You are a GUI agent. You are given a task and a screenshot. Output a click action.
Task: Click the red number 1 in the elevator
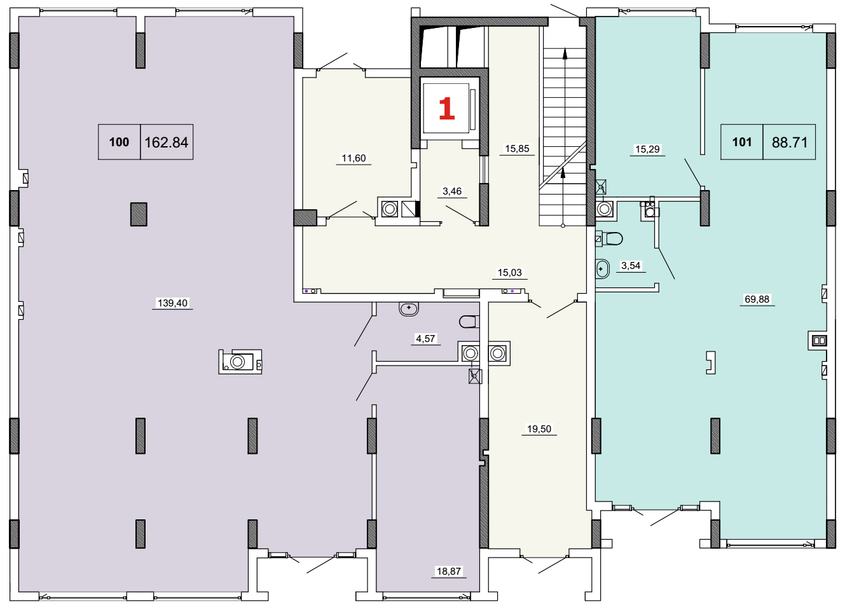pyautogui.click(x=446, y=108)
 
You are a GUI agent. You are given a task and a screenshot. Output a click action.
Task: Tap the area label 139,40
pyautogui.click(x=172, y=303)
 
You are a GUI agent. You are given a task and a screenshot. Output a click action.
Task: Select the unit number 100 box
pyautogui.click(x=119, y=142)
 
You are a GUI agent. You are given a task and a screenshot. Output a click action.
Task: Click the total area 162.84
pyautogui.click(x=167, y=142)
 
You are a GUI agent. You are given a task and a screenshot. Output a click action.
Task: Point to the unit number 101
pyautogui.click(x=741, y=142)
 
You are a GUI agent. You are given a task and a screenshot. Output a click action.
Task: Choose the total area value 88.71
pyautogui.click(x=789, y=142)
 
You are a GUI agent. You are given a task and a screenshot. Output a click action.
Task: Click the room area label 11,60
pyautogui.click(x=354, y=158)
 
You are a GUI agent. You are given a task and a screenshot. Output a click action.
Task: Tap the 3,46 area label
pyautogui.click(x=452, y=191)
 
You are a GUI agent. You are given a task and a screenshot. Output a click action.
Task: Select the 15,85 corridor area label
pyautogui.click(x=517, y=149)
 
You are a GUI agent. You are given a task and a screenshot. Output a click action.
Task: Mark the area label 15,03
pyautogui.click(x=510, y=272)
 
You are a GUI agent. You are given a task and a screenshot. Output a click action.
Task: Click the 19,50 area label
pyautogui.click(x=539, y=428)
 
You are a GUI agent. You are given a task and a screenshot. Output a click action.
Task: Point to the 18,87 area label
pyautogui.click(x=448, y=571)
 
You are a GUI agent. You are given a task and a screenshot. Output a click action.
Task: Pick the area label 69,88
pyautogui.click(x=757, y=299)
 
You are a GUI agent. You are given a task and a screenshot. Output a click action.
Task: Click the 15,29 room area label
pyautogui.click(x=647, y=149)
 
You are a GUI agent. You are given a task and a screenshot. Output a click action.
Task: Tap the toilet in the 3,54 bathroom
pyautogui.click(x=612, y=238)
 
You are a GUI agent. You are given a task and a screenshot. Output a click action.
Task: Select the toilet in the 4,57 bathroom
pyautogui.click(x=468, y=322)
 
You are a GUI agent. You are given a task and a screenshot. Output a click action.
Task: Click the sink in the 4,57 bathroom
pyautogui.click(x=409, y=309)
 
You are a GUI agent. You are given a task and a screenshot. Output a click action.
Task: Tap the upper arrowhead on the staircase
pyautogui.click(x=565, y=54)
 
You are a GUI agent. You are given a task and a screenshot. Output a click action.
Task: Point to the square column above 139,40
pyautogui.click(x=139, y=214)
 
